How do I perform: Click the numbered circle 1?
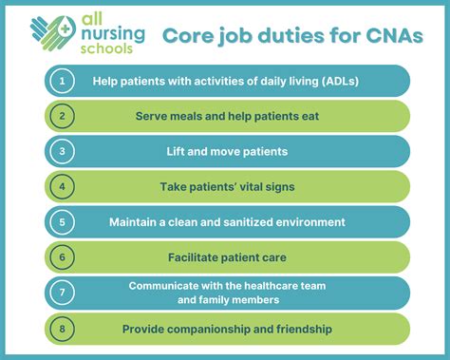point(61,81)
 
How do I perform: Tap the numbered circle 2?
point(61,116)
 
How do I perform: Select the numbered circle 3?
point(61,151)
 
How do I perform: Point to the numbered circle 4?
point(61,186)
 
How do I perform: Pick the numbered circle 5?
point(61,221)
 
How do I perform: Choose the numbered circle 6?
point(61,256)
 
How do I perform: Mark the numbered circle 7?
point(61,293)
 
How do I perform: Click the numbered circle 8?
point(61,329)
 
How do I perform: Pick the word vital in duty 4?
point(252,186)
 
